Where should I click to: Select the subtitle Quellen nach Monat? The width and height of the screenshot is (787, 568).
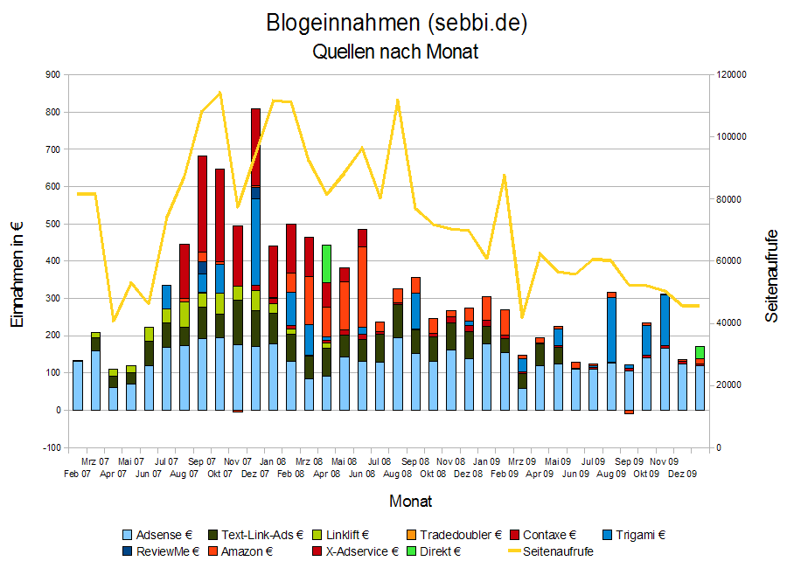pos(395,52)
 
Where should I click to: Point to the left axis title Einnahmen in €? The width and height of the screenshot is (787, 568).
pos(17,274)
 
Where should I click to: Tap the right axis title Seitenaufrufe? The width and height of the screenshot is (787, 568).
pos(771,276)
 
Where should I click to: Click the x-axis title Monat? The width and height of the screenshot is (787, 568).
pos(410,502)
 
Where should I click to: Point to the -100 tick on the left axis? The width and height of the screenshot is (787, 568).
pos(52,447)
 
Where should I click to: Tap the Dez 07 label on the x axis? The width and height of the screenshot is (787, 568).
pos(255,474)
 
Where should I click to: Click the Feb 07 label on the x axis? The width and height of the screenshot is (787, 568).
pos(78,474)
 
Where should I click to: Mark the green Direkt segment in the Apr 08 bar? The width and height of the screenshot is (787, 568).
pos(326,263)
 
